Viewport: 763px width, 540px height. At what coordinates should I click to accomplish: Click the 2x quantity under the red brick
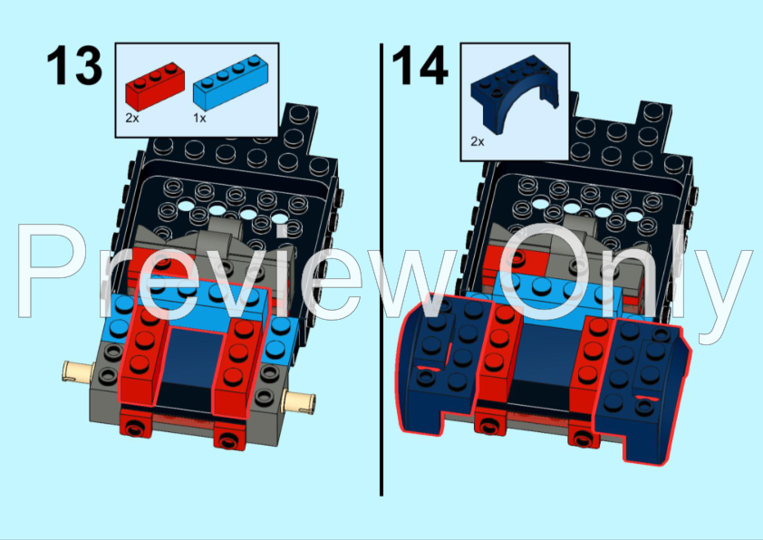point(132,118)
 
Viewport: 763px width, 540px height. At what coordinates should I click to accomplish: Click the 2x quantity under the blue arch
point(478,142)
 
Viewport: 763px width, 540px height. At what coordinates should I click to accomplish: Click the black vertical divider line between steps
point(381,272)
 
